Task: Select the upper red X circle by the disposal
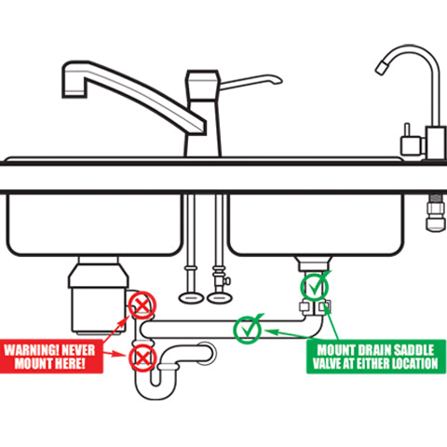pyautogui.click(x=142, y=305)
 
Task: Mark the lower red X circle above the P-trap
pyautogui.click(x=142, y=359)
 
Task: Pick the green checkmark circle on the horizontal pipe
pyautogui.click(x=248, y=330)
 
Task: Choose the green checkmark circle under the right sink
pyautogui.click(x=314, y=287)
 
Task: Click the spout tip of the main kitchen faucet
pyautogui.click(x=74, y=93)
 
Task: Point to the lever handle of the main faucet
pyautogui.click(x=251, y=81)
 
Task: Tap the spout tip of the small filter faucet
pyautogui.click(x=382, y=68)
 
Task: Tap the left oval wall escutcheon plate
pyautogui.click(x=191, y=298)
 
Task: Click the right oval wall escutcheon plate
pyautogui.click(x=220, y=298)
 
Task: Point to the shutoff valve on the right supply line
pyautogui.click(x=221, y=280)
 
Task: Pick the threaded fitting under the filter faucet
pyautogui.click(x=436, y=213)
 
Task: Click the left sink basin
pyautogui.click(x=94, y=224)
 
